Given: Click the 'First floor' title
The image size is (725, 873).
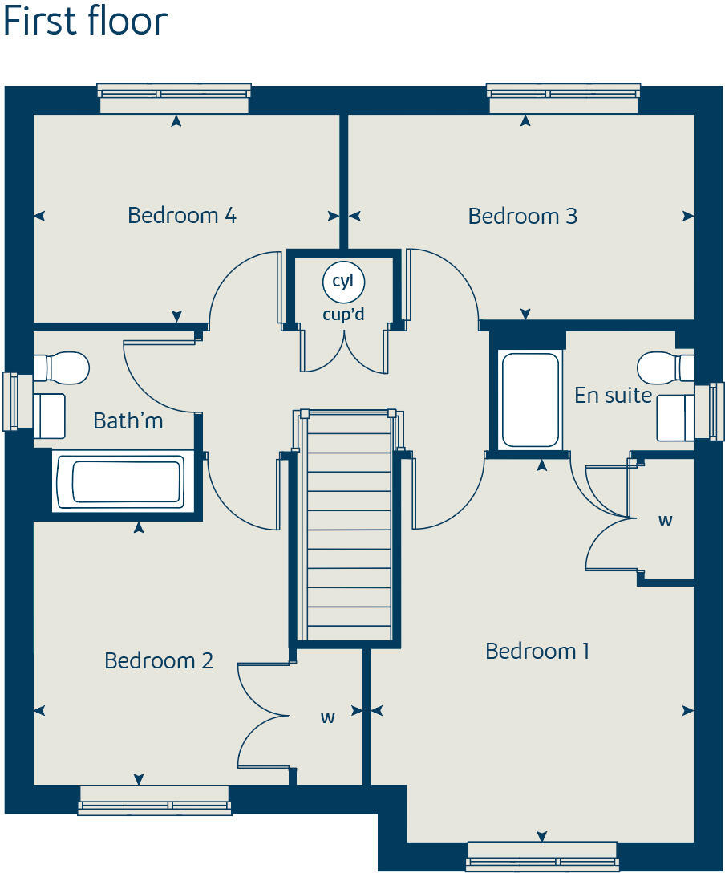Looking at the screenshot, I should [x=85, y=22].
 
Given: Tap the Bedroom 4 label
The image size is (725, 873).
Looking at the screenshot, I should [x=182, y=215].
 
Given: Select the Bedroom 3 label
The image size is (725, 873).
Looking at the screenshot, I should [x=522, y=216].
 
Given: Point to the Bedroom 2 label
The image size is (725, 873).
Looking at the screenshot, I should [x=159, y=660].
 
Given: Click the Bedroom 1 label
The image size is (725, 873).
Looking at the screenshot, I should [x=537, y=651].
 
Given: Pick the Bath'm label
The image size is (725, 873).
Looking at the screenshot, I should [x=128, y=420].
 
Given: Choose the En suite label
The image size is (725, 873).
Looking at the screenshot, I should [x=613, y=395].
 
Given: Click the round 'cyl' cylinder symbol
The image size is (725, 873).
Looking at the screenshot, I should [x=343, y=282].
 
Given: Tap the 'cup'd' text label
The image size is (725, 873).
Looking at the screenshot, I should [x=343, y=314].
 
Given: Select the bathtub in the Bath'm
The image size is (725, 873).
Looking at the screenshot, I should [x=126, y=481].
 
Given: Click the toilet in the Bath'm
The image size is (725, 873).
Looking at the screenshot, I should [x=61, y=367].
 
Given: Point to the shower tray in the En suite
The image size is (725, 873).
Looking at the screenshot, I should [x=529, y=400].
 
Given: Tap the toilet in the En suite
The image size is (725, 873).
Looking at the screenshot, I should [x=665, y=367].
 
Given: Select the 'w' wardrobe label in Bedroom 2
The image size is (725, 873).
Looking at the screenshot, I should [x=327, y=717].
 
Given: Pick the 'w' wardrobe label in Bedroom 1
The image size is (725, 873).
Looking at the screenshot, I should [x=665, y=520].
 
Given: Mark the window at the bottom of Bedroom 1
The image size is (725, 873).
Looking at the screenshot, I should [x=542, y=855].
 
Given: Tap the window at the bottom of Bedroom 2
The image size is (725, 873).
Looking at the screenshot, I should [x=154, y=800].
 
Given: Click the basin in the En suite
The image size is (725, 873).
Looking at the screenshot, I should [x=675, y=417].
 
